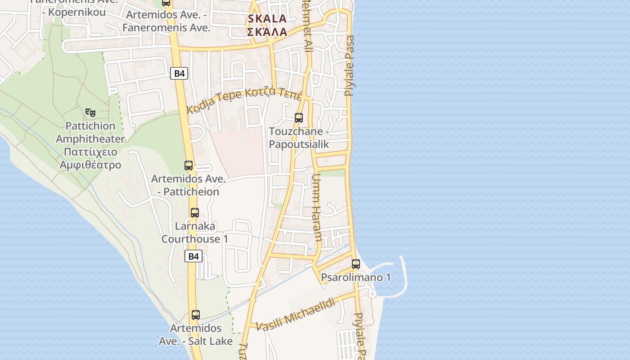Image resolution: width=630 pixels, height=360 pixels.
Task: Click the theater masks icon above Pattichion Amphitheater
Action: click(90, 112)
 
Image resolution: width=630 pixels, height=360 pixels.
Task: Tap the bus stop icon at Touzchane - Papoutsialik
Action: click(298, 118)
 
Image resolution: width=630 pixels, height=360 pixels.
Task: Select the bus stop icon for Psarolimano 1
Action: click(356, 264)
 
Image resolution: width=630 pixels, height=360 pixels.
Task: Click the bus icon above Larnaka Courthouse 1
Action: click(194, 213)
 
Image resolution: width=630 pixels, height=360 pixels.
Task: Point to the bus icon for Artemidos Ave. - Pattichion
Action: click(189, 166)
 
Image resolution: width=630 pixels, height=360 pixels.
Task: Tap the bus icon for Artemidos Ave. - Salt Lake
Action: click(195, 315)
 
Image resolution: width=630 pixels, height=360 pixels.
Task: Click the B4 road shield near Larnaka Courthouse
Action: click(193, 256)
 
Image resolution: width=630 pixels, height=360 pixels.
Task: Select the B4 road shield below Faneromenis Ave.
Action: click(179, 73)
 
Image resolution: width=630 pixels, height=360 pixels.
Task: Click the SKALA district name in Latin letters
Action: click(267, 18)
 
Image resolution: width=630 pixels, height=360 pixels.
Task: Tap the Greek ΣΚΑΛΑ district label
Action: click(267, 32)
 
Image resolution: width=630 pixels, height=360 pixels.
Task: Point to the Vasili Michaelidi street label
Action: click(296, 314)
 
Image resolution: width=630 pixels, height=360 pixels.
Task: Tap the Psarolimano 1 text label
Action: click(355, 277)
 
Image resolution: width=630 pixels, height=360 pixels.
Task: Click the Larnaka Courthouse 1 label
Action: click(195, 232)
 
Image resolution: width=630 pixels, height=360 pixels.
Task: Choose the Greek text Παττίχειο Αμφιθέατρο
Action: click(90, 158)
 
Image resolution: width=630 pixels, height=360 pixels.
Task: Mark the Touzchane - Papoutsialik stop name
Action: click(299, 138)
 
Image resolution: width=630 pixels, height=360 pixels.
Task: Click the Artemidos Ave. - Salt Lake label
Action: click(196, 334)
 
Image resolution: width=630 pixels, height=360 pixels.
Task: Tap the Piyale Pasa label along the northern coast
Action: click(349, 66)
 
